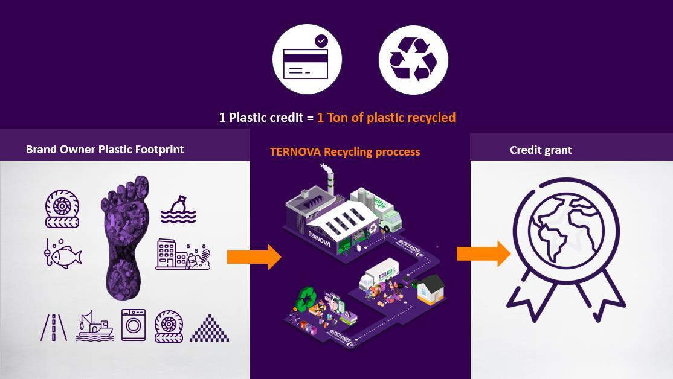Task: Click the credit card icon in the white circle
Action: [x=307, y=60]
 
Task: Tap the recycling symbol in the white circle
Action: [x=413, y=60]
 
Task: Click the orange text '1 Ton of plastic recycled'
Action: [x=386, y=117]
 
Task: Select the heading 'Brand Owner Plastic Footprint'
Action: [x=105, y=150]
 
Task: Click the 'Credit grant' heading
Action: [x=541, y=150]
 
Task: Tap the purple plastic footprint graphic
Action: [x=126, y=236]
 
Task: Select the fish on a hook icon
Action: [x=63, y=253]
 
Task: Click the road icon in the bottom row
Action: [x=54, y=326]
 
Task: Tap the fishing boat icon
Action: [x=94, y=326]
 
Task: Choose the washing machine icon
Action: [x=134, y=325]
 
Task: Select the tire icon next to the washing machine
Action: [x=169, y=326]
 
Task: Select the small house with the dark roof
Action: [x=430, y=289]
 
